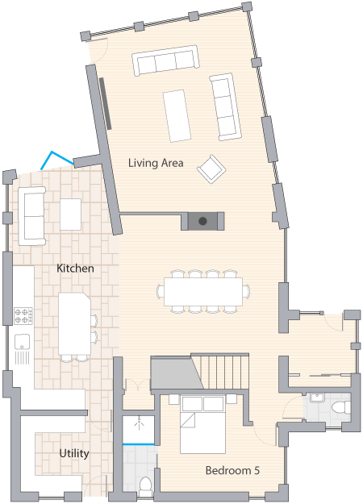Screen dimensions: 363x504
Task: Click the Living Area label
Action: pos(156,163)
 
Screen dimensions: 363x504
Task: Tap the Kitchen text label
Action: pos(75,268)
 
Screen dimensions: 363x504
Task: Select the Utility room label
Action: pos(74,453)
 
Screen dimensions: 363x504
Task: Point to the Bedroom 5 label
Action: pos(232,470)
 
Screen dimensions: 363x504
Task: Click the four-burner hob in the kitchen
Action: pos(23,316)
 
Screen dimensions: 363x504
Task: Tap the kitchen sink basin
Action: pos(23,341)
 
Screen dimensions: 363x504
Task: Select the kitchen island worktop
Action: pos(74,323)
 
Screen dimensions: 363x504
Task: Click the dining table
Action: pos(203,292)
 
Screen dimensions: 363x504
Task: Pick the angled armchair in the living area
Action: pos(211,169)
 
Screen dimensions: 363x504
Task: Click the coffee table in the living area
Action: pos(177,115)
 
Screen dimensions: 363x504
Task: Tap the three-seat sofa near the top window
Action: pos(165,60)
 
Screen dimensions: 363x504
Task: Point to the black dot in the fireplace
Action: pos(202,221)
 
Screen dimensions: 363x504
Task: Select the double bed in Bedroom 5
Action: pos(202,424)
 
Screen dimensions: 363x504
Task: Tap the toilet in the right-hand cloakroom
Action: pos(341,407)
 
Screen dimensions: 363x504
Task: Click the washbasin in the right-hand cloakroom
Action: pos(318,398)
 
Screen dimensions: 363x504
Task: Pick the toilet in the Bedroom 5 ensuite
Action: pos(145,485)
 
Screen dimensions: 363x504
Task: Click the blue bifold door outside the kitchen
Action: pos(57,160)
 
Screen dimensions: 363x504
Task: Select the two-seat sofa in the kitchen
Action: pos(31,216)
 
